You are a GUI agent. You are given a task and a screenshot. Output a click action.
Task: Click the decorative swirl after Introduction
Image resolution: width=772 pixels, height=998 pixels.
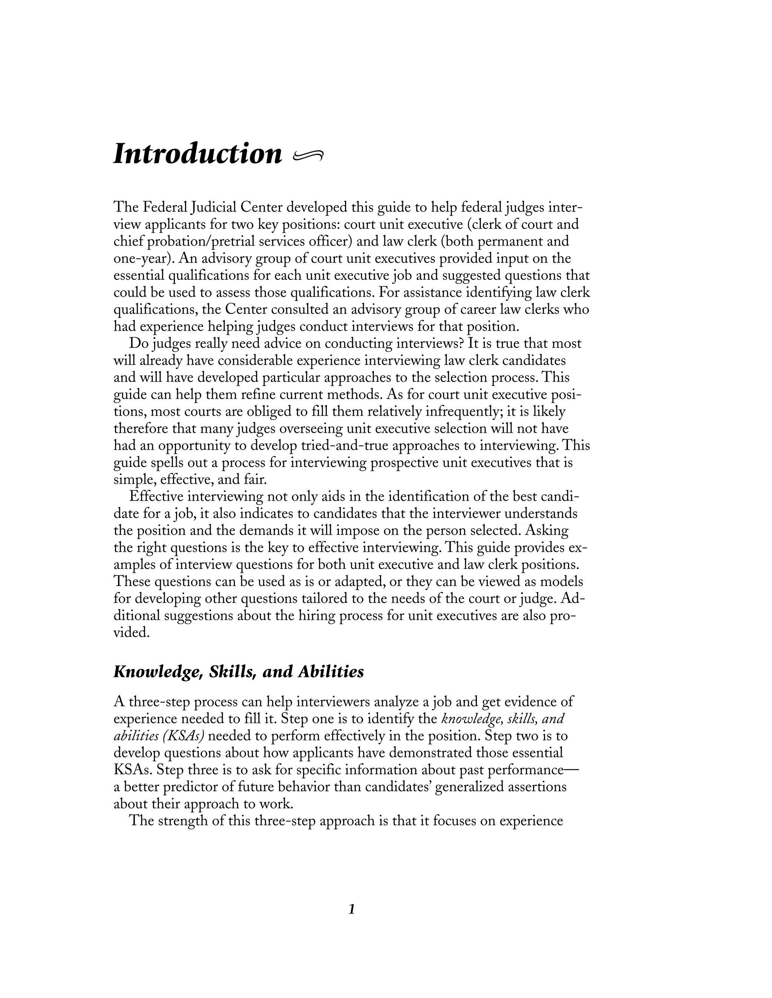pyautogui.click(x=308, y=156)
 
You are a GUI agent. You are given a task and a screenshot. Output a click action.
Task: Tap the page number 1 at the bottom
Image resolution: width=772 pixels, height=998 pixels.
pyautogui.click(x=352, y=909)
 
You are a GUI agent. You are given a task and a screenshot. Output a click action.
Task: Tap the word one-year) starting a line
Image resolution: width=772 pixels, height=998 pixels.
pyautogui.click(x=144, y=259)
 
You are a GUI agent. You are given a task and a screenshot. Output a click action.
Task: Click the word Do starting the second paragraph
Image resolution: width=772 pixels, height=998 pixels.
pyautogui.click(x=137, y=343)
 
